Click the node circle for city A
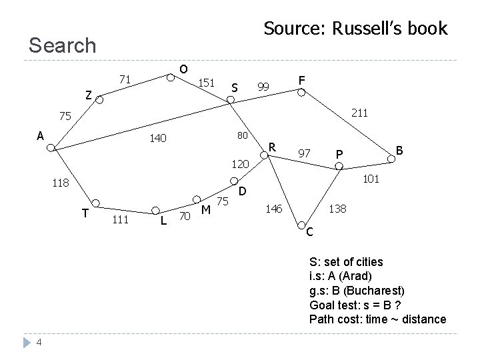(51, 149)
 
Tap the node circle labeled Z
(99, 101)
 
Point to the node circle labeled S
(230, 100)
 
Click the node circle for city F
(301, 93)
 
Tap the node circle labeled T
(96, 203)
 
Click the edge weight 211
(359, 114)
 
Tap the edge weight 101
(371, 179)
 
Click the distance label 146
(273, 209)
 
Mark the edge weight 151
(206, 83)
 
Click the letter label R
(271, 145)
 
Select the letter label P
(339, 155)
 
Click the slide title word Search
(63, 45)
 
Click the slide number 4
(39, 343)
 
